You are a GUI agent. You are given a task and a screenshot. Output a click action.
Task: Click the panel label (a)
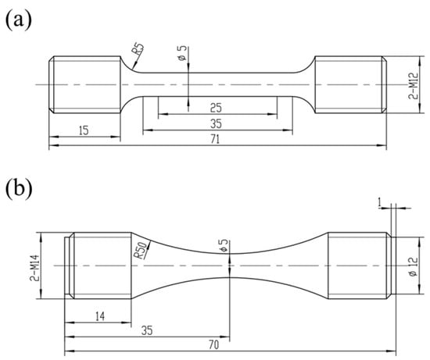(x=19, y=20)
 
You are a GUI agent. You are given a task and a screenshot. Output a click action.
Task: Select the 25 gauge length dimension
(x=216, y=108)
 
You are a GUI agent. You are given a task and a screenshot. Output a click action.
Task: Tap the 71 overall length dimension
(x=215, y=140)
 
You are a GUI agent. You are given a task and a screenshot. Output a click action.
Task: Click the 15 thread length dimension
(x=84, y=130)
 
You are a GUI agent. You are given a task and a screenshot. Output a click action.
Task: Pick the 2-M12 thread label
(x=414, y=85)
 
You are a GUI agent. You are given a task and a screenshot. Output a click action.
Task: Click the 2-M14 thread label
(x=35, y=268)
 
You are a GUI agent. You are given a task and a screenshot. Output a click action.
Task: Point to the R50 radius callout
(x=141, y=250)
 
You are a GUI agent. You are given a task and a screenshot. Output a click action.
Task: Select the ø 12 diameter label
(x=414, y=267)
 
